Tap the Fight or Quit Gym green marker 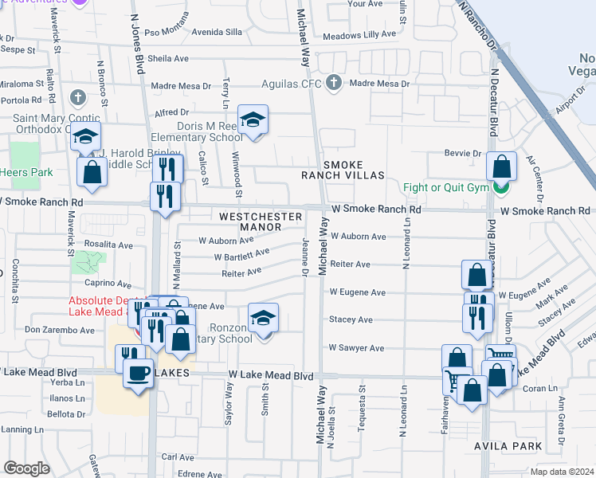pos(500,189)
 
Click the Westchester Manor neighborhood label pos(261,221)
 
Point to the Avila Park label pos(509,445)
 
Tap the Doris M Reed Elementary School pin pos(253,120)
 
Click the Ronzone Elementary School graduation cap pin pos(263,319)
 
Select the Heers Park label pos(25,172)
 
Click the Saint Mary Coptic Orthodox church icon pos(77,98)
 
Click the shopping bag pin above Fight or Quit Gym pos(502,167)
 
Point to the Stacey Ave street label pos(351,320)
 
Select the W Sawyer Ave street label pos(358,348)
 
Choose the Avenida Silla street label pos(214,33)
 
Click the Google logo pos(26,468)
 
